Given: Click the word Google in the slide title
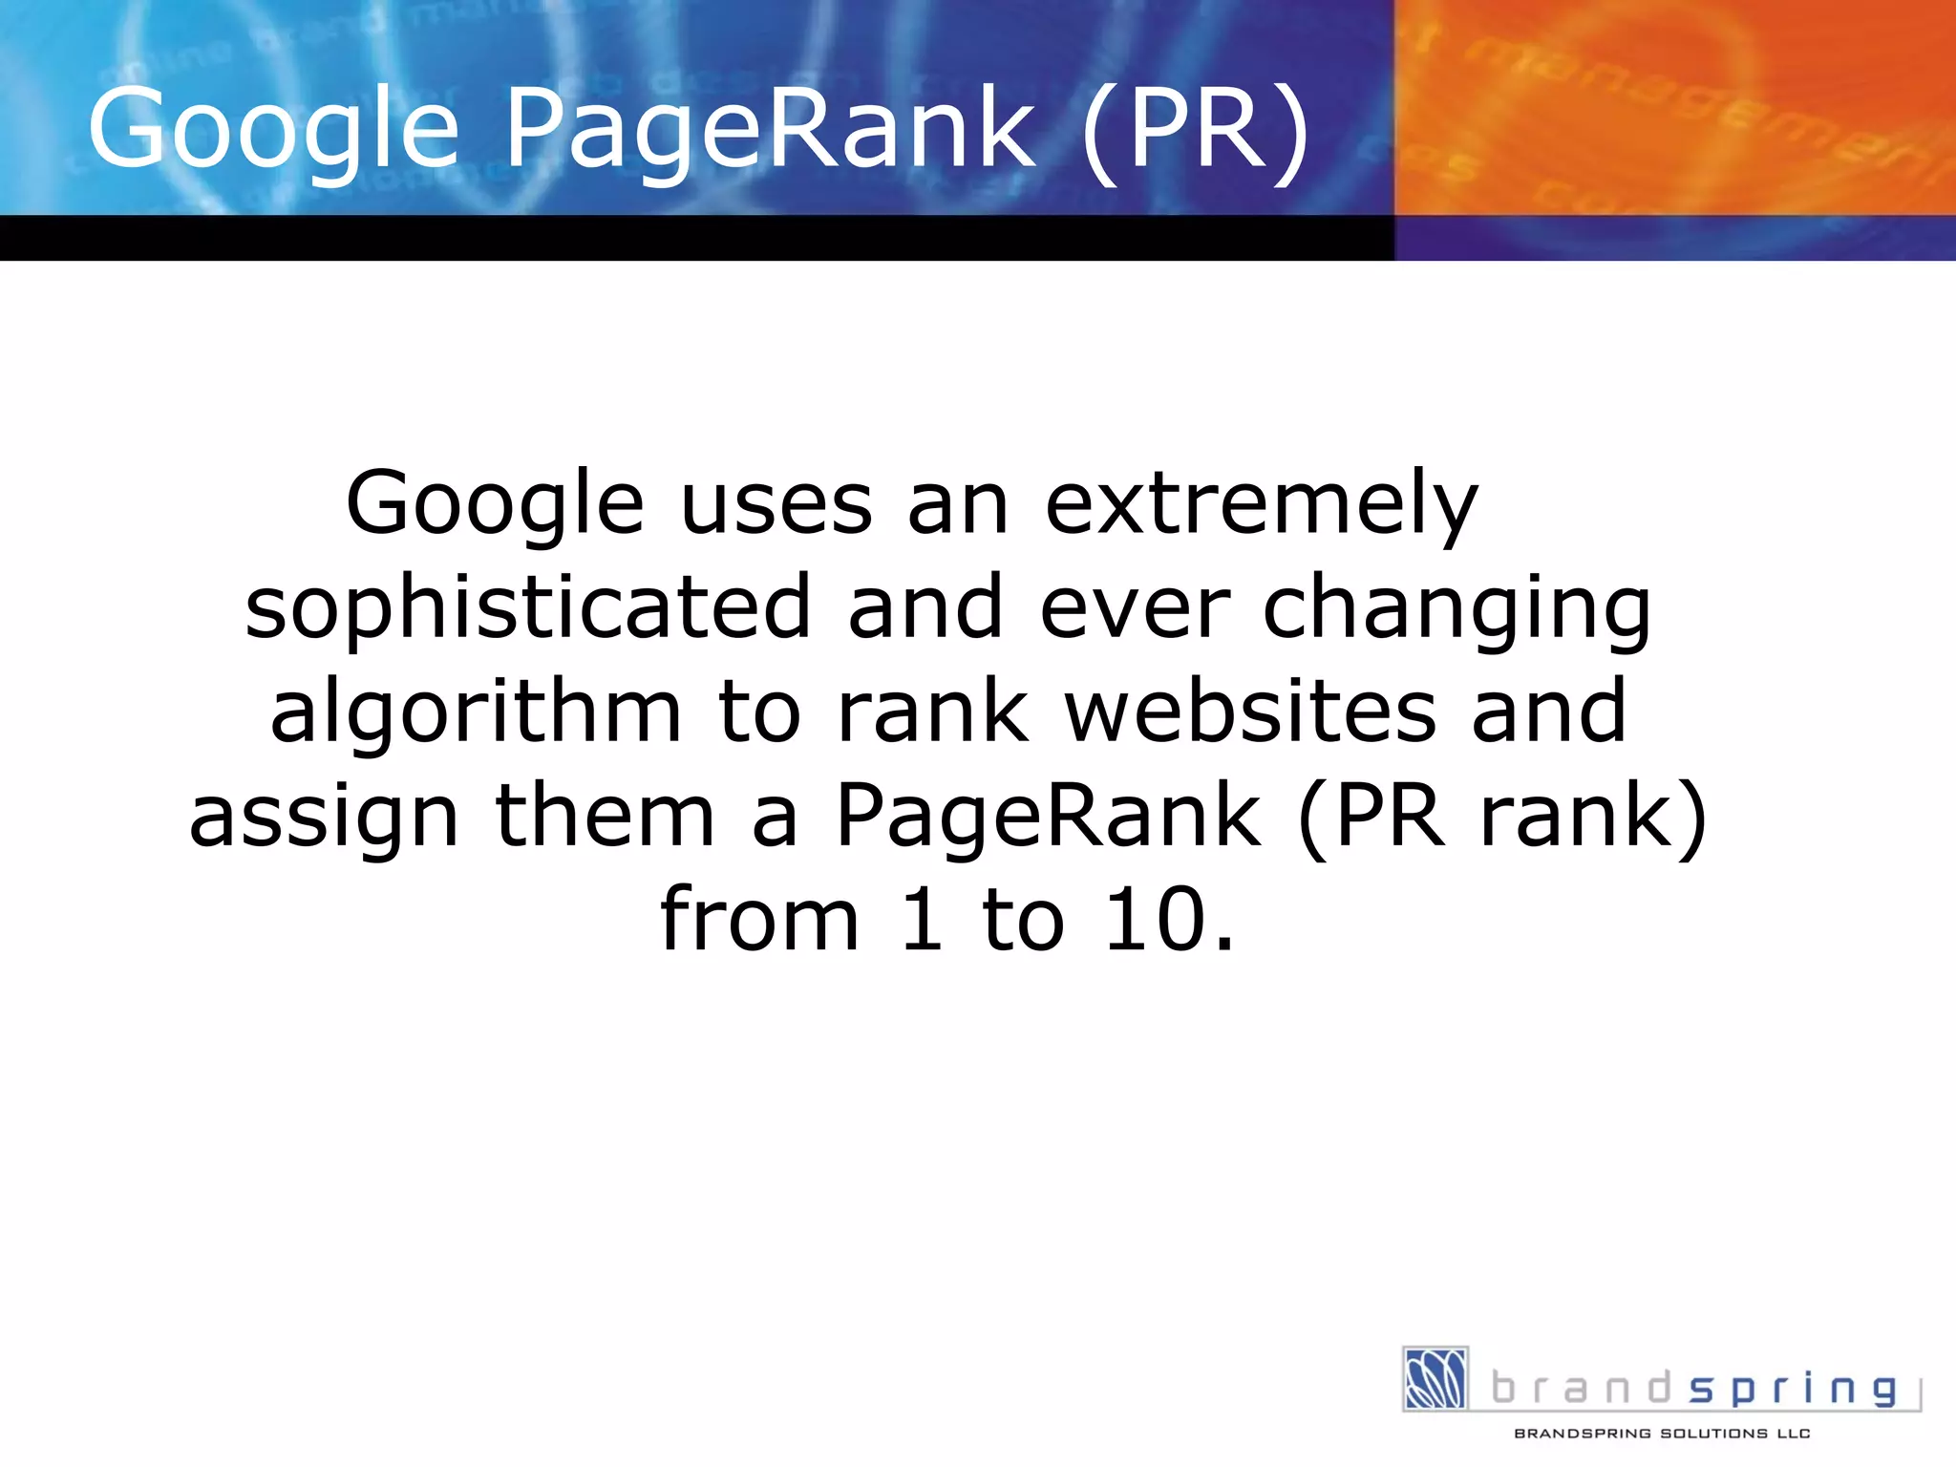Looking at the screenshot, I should pyautogui.click(x=273, y=129).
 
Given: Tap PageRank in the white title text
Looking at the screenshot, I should pyautogui.click(x=770, y=129).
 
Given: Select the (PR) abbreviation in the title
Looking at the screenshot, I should pyautogui.click(x=1198, y=129).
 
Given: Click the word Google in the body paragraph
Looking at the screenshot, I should pyautogui.click(x=495, y=504).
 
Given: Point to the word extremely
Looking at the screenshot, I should pyautogui.click(x=1262, y=504).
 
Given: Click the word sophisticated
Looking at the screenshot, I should pyautogui.click(x=528, y=608).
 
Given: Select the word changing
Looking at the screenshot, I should pyautogui.click(x=1457, y=608).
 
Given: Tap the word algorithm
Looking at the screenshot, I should pyautogui.click(x=476, y=712).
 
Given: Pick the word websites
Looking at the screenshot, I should pyautogui.click(x=1251, y=712).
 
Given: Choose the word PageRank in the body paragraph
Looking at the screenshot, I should pyautogui.click(x=1049, y=818).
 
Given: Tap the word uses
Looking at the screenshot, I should pyautogui.click(x=776, y=504).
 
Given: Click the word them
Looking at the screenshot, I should pyautogui.click(x=605, y=818).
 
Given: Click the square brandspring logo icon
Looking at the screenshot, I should pyautogui.click(x=1435, y=1379).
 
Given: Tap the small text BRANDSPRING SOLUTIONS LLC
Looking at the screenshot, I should pyautogui.click(x=1662, y=1434).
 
